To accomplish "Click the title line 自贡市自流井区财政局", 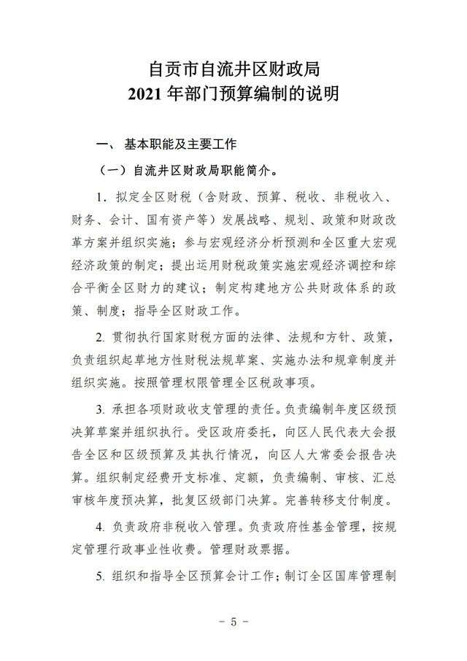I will (233, 70).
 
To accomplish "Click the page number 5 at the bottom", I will (233, 622).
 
